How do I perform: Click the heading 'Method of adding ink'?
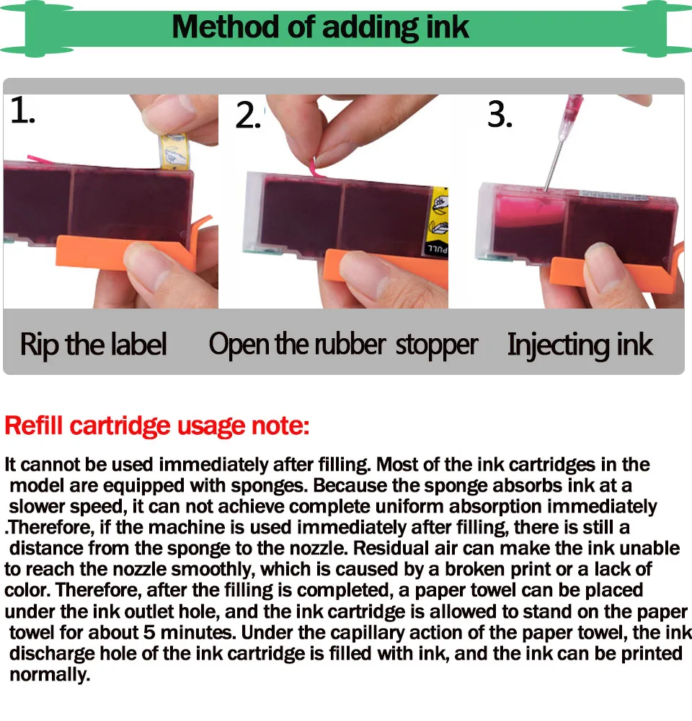pyautogui.click(x=320, y=27)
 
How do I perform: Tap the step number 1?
pyautogui.click(x=22, y=110)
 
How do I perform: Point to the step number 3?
pyautogui.click(x=500, y=115)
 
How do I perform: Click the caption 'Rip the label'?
pyautogui.click(x=93, y=344)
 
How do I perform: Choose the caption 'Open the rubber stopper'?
pyautogui.click(x=343, y=344)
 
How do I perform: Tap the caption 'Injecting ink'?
pyautogui.click(x=580, y=345)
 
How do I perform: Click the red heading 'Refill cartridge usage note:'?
pyautogui.click(x=157, y=425)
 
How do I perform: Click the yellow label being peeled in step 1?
pyautogui.click(x=174, y=151)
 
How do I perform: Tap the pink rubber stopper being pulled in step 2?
pyautogui.click(x=316, y=167)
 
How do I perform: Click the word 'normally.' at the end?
pyautogui.click(x=50, y=675)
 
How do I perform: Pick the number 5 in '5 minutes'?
pyautogui.click(x=149, y=632)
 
